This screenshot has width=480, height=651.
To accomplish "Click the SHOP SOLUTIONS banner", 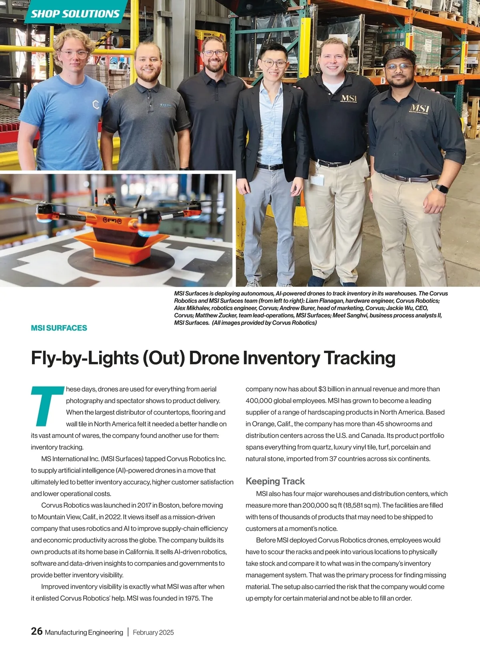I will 75,14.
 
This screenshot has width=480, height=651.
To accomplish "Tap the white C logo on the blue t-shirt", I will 96,105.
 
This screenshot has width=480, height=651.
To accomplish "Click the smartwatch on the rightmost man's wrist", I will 442,188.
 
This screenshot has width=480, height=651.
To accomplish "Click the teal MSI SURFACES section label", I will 59,328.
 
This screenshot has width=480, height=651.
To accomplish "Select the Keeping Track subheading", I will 275,481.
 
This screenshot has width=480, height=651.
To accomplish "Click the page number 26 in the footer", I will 36,631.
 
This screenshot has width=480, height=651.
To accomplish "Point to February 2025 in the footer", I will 153,632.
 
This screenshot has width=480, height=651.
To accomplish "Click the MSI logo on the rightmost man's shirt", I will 419,108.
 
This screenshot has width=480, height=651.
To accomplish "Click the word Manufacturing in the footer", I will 66,632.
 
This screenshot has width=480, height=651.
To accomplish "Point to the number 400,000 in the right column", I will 259,401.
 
